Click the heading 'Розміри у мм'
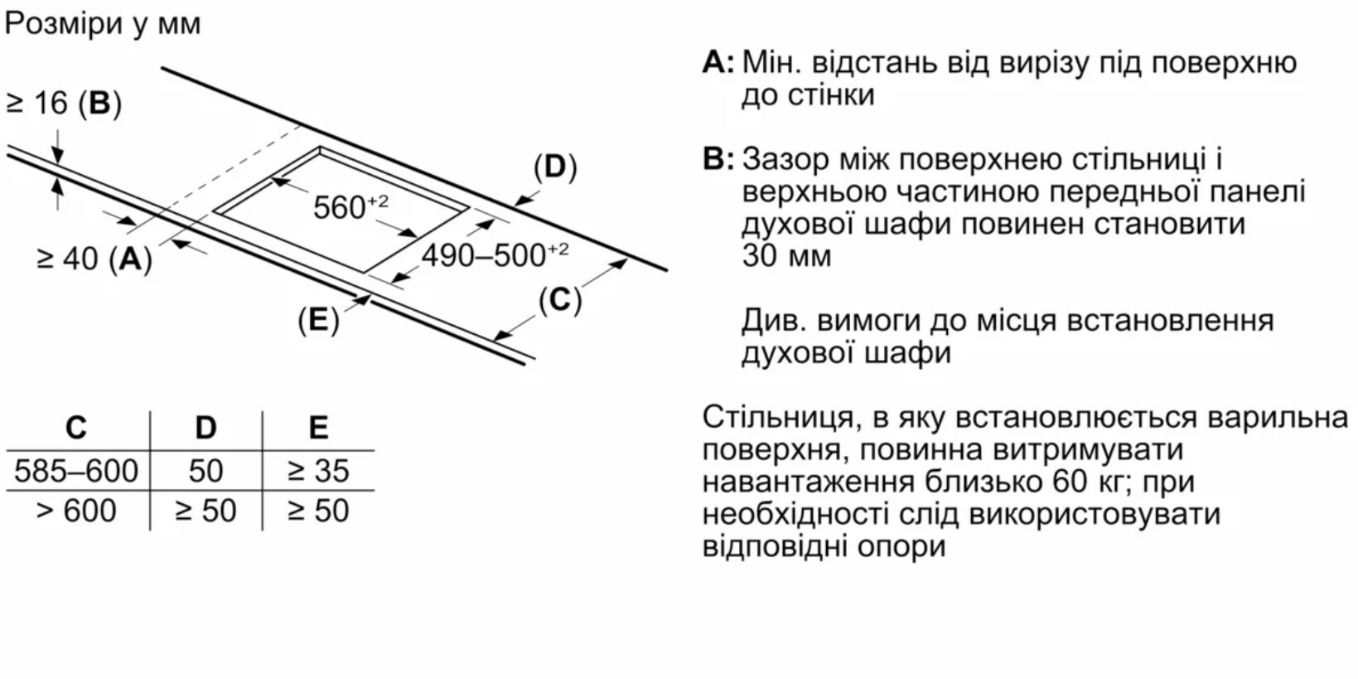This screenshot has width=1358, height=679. point(103,23)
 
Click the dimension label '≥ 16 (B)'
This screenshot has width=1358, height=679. point(64,103)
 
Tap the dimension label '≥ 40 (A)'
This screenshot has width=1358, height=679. point(94,259)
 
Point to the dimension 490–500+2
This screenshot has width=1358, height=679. point(495,255)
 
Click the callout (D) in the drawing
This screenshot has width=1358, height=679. point(554,167)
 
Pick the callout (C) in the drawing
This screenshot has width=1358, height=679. point(560,300)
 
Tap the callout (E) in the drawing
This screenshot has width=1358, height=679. point(318,320)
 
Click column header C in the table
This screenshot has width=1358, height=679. point(76,428)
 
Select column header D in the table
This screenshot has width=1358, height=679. point(205,428)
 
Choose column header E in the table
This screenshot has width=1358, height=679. point(318,428)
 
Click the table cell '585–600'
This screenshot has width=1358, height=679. point(76,471)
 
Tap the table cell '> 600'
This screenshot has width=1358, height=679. point(76,511)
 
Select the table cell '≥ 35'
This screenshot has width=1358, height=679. point(318,471)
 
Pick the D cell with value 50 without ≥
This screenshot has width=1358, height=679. point(205,471)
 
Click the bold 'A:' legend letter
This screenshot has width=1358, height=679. point(718,63)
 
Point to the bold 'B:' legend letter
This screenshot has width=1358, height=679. point(718,158)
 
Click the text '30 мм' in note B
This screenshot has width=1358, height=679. point(786,255)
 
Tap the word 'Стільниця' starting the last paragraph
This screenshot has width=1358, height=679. point(777,417)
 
